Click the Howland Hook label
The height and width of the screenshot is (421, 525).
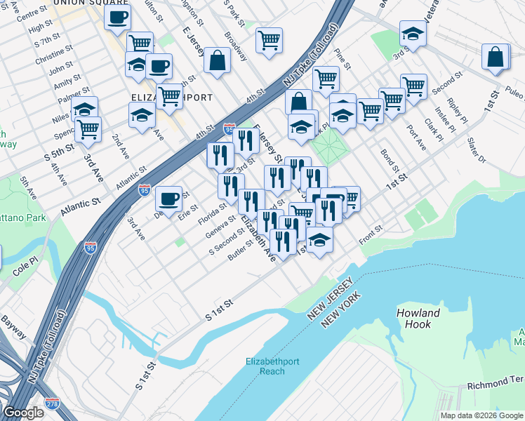[418, 319]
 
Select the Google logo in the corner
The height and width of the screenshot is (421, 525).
[23, 413]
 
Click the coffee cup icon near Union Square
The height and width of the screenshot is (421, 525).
[118, 16]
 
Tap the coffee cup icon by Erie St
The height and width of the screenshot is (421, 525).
[168, 199]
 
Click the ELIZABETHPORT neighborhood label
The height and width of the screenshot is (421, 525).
[171, 98]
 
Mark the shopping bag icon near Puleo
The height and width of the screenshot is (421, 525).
[496, 58]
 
